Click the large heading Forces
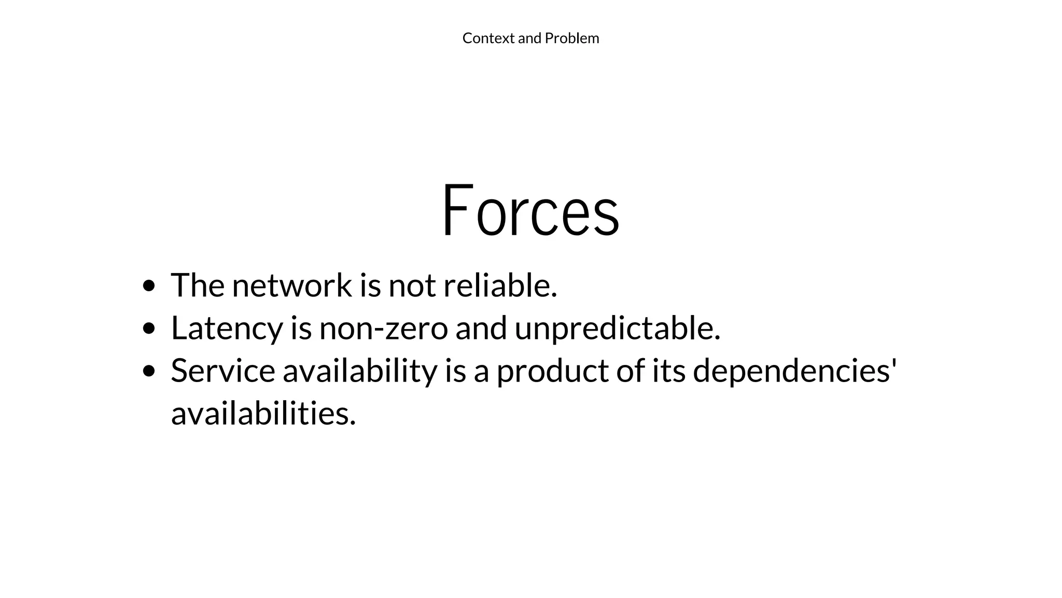coord(530,210)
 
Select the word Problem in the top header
coord(572,38)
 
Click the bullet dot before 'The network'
coord(149,286)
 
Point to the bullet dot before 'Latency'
coord(149,329)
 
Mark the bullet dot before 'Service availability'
coord(149,371)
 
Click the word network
coord(292,286)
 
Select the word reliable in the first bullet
coord(500,286)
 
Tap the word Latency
coord(227,329)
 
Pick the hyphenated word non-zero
coord(383,329)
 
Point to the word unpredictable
coord(617,329)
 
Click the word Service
coord(223,371)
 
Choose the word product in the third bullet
coord(553,371)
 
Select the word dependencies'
coord(795,371)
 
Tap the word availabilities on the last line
coord(263,414)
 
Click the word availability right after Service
coord(360,371)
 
